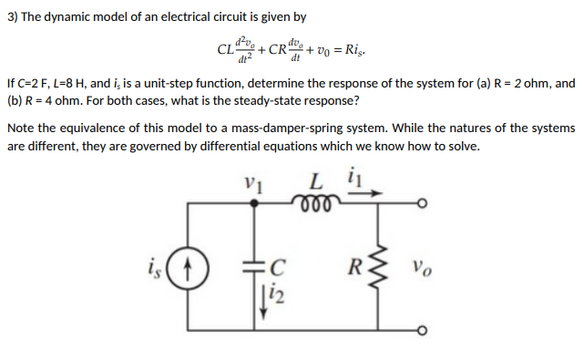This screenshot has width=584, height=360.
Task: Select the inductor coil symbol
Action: (x=315, y=201)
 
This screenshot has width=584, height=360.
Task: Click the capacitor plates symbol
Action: (x=254, y=268)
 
